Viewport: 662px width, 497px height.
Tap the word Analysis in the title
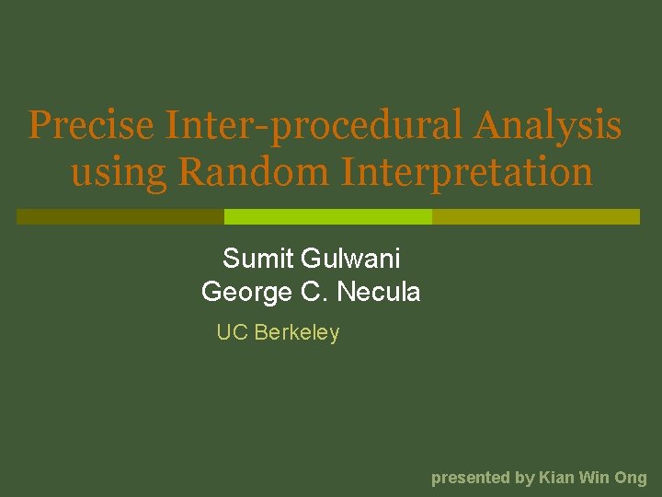click(x=548, y=126)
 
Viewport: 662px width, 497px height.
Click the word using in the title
click(x=119, y=172)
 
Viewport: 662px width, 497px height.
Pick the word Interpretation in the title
click(x=466, y=172)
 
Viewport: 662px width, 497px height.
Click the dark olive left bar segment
click(x=120, y=216)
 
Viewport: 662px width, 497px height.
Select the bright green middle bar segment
click(x=328, y=216)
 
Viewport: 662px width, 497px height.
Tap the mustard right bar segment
click(x=536, y=216)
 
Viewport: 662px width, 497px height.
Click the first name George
click(x=245, y=293)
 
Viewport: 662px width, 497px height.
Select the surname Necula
click(x=379, y=293)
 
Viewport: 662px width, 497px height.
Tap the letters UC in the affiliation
click(x=233, y=333)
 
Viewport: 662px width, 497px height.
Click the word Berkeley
click(x=297, y=333)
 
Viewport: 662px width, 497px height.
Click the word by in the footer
click(x=525, y=478)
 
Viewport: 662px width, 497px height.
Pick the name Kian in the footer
click(x=556, y=478)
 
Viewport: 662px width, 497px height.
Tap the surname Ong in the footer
click(x=631, y=478)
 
